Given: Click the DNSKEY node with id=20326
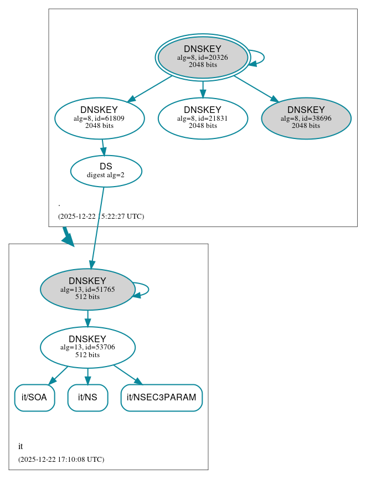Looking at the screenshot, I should [203, 57].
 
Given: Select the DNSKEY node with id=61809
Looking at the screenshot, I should [100, 118].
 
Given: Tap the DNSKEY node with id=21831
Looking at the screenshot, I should [203, 118].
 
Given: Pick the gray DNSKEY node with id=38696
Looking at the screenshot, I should [306, 118].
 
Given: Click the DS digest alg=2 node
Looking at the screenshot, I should [106, 171].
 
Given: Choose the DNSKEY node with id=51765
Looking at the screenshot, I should [87, 289].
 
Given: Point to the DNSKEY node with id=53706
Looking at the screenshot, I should [87, 347].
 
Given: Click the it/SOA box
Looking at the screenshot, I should [34, 398].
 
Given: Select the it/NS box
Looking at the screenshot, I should [87, 398].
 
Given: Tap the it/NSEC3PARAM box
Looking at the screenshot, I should [162, 398].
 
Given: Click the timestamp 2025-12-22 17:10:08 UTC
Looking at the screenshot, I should [61, 460].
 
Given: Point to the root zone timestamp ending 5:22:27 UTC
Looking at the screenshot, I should [101, 217].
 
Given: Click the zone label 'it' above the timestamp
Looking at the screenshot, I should [20, 446].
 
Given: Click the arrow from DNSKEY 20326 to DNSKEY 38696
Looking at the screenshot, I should [255, 88].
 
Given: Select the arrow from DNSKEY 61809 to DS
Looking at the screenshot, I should [103, 147].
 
